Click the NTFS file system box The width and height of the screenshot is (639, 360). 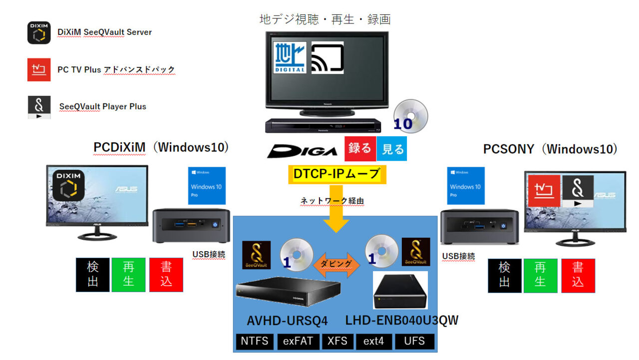click(255, 342)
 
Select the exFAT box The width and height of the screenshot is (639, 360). click(298, 342)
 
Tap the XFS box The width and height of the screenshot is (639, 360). click(337, 342)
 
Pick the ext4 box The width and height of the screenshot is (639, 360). click(373, 342)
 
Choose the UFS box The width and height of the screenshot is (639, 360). click(414, 342)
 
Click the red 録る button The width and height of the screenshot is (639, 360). click(359, 149)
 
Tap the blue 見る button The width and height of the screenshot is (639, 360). click(392, 149)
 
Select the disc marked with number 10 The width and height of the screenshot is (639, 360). click(410, 116)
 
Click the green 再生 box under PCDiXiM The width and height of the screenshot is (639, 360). click(128, 275)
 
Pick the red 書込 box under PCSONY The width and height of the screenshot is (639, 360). click(578, 275)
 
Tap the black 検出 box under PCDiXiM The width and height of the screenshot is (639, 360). click(92, 275)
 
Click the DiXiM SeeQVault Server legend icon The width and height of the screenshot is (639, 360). click(39, 33)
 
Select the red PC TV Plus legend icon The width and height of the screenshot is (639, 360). click(39, 69)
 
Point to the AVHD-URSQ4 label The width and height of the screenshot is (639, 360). click(280, 320)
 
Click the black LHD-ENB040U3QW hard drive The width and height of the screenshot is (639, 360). click(400, 291)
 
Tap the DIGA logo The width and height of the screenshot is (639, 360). click(302, 150)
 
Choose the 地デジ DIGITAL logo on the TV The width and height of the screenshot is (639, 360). click(290, 57)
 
